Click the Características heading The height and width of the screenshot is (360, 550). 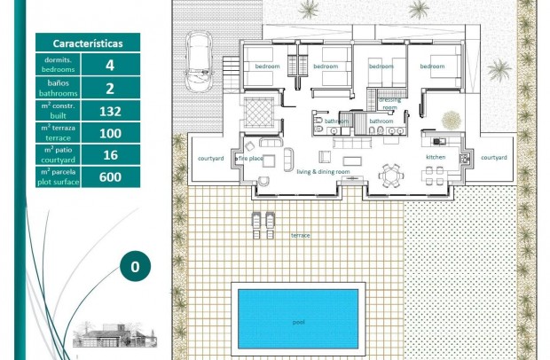pos(88,43)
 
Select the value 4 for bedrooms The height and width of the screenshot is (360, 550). pos(110,65)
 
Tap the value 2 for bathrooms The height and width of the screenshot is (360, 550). pos(110,88)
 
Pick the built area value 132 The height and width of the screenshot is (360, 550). pos(110,111)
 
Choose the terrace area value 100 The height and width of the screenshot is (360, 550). pos(110,133)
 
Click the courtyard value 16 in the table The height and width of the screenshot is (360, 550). pos(110,155)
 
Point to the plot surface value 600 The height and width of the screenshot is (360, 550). pos(110,177)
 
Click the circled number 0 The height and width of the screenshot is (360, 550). pos(135,265)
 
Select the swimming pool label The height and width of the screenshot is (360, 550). pos(298,322)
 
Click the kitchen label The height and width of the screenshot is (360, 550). pos(435,157)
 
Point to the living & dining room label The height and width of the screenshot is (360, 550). pos(323,172)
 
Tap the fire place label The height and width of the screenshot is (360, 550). pos(251,158)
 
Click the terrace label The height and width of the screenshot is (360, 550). pos(301,236)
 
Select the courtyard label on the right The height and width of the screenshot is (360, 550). pos(493,157)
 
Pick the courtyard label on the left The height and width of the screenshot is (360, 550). pos(210,158)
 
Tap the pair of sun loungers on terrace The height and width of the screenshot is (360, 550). pos(263,223)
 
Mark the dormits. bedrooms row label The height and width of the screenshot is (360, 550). pos(59,65)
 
